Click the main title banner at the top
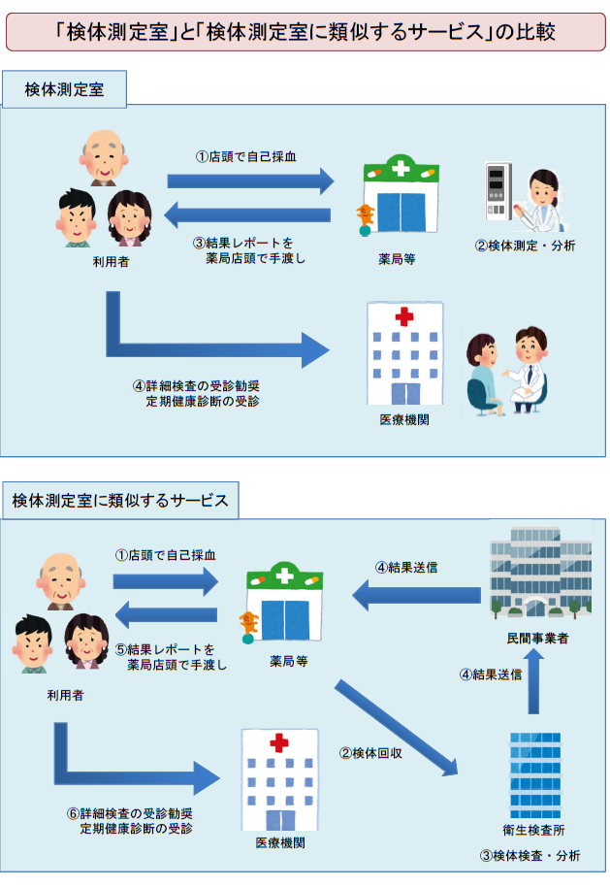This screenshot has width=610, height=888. click(305, 30)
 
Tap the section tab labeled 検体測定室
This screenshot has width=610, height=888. click(65, 90)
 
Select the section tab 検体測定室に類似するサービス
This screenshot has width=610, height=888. click(120, 501)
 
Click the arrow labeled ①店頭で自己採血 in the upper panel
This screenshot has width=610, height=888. click(250, 181)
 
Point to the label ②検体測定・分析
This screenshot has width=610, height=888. click(525, 245)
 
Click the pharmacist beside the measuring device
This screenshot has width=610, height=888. click(541, 199)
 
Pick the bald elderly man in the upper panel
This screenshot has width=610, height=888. click(102, 156)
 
